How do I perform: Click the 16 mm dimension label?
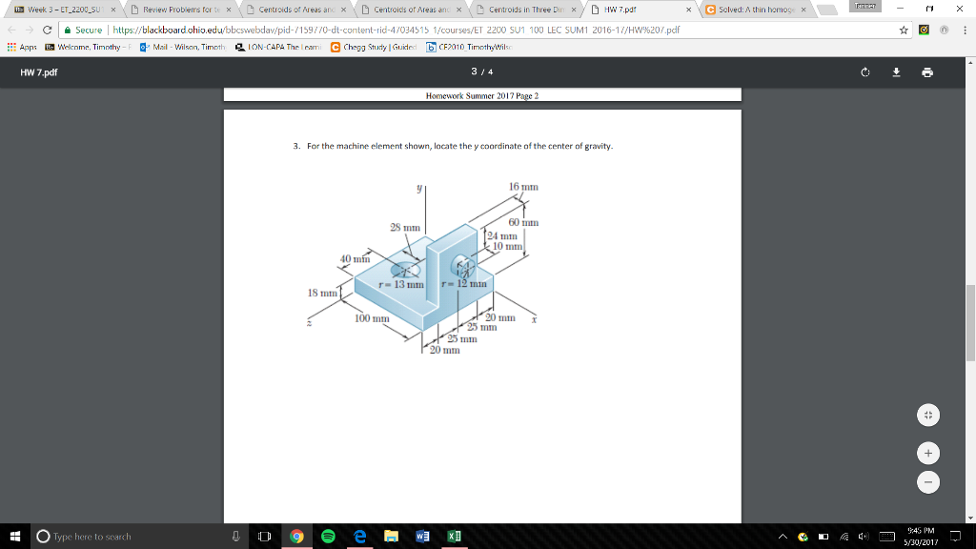click(x=524, y=186)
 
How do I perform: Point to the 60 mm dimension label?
click(x=524, y=222)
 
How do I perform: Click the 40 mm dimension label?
click(x=355, y=258)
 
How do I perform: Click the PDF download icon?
click(x=896, y=72)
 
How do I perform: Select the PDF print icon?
click(x=927, y=72)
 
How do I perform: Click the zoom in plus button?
click(x=927, y=451)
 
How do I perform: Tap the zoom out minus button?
click(x=927, y=482)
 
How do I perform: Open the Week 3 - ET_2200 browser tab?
click(x=62, y=10)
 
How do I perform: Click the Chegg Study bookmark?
click(x=373, y=47)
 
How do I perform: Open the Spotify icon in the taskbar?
click(x=328, y=537)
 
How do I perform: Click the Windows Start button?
click(x=14, y=537)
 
